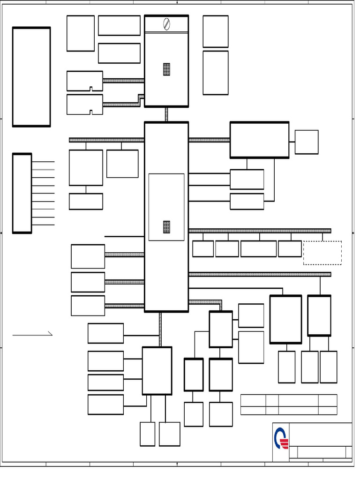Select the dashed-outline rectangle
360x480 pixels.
point(322,253)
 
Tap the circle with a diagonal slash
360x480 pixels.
point(166,23)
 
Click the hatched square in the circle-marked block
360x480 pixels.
point(166,69)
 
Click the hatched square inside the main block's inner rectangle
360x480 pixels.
point(166,227)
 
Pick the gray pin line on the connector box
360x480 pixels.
point(43,170)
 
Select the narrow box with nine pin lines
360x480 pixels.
point(22,193)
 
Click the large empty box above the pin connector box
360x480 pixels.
point(31,77)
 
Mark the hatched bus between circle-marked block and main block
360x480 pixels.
point(166,114)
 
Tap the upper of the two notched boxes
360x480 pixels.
point(84,81)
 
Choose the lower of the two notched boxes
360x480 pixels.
point(84,104)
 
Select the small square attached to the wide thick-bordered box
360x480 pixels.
point(306,142)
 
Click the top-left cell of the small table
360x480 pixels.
point(253,400)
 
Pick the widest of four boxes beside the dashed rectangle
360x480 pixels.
point(258,249)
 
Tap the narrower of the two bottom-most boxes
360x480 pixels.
point(147,434)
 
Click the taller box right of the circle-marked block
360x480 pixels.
point(215,73)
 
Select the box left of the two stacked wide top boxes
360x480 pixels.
point(80,33)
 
